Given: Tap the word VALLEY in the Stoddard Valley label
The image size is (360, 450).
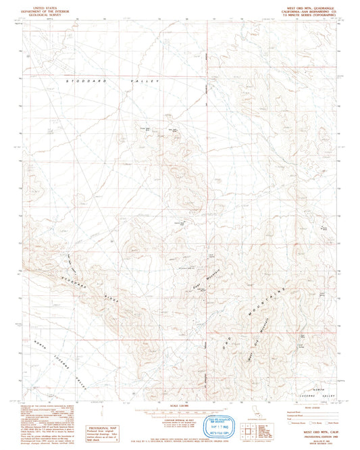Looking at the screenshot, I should pyautogui.click(x=145, y=81).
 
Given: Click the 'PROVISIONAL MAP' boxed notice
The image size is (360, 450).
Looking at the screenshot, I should pyautogui.click(x=101, y=432).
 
